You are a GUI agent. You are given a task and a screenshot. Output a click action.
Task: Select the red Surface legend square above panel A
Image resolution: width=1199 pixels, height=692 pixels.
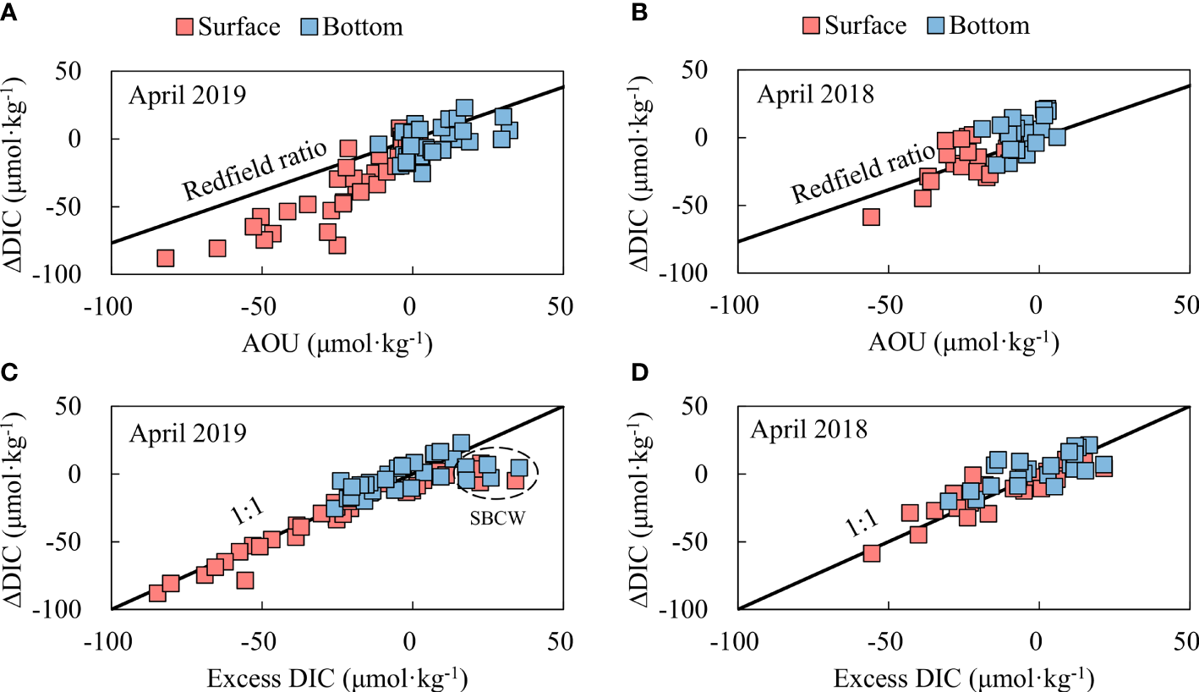coord(185,26)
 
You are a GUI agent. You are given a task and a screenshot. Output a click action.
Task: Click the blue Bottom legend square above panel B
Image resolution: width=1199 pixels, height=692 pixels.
coord(935,25)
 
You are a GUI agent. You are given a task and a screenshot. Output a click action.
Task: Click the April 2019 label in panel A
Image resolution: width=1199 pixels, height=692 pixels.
coord(187,95)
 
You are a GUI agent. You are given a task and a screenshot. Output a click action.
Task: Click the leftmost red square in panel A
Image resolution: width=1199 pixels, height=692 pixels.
coord(166,257)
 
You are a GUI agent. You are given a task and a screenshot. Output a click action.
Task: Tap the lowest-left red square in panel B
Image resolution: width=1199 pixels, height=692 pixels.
coord(870,217)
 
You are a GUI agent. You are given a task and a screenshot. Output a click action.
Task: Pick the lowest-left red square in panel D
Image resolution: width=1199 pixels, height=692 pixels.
coord(871,552)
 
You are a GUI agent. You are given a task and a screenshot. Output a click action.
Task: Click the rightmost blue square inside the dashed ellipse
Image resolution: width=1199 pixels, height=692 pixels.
coord(518,467)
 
